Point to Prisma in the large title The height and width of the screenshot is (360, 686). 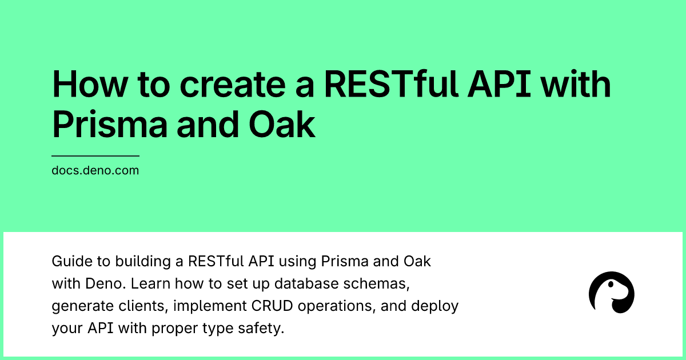110,125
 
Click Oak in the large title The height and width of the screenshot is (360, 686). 282,125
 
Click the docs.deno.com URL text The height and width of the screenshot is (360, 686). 95,170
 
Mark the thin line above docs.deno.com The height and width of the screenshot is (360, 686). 95,156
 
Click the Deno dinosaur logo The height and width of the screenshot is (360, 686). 611,293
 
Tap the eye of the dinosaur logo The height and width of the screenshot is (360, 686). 611,285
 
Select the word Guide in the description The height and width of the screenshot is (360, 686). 72,262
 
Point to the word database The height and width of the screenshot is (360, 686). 306,284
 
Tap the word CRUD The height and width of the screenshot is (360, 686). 272,306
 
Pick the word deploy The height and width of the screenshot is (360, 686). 435,306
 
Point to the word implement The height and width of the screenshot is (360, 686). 210,306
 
